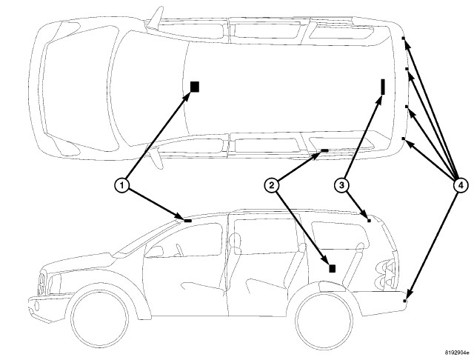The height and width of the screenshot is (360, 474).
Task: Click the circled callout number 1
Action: (x=121, y=185)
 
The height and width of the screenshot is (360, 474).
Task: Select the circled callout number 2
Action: (x=272, y=185)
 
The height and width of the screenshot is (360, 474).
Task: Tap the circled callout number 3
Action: (x=341, y=185)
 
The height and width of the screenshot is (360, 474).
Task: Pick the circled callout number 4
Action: (x=461, y=185)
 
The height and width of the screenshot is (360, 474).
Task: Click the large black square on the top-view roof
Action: (x=195, y=87)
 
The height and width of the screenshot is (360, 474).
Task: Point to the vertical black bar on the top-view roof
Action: (x=383, y=87)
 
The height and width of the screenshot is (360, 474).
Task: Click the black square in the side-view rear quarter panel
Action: (x=333, y=268)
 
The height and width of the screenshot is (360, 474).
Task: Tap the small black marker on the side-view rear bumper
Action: (x=404, y=301)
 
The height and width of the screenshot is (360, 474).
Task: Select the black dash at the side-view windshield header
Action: (x=187, y=221)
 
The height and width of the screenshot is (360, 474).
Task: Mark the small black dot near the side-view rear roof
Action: (x=369, y=221)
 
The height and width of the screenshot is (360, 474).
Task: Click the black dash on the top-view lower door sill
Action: (x=324, y=150)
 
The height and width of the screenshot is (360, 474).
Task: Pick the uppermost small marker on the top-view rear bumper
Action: (x=403, y=39)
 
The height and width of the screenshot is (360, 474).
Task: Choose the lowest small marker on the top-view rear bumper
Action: (x=403, y=139)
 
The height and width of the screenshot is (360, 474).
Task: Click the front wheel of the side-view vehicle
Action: (x=100, y=319)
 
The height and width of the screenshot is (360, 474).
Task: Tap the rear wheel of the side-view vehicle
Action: (x=324, y=319)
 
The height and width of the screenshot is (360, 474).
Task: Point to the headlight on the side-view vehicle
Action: (x=54, y=284)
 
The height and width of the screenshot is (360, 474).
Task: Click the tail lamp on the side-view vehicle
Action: (x=385, y=273)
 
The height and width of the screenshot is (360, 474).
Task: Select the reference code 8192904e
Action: (x=456, y=353)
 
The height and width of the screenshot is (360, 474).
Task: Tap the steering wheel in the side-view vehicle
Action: (x=180, y=250)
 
